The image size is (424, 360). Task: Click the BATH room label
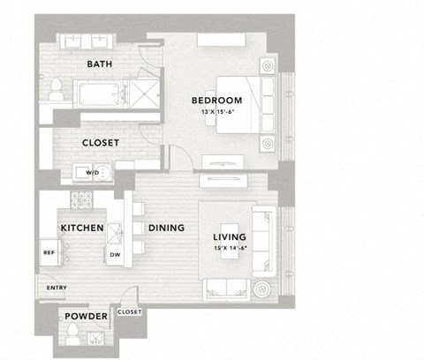click(99, 64)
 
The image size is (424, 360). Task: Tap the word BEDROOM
click(216, 101)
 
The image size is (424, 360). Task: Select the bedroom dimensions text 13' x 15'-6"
click(216, 111)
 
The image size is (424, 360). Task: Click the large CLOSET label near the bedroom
click(101, 142)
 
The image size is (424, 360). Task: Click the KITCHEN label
click(82, 228)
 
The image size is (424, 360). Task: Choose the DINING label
click(166, 228)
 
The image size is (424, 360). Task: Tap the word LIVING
click(230, 237)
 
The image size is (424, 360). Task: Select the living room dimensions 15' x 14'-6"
click(230, 249)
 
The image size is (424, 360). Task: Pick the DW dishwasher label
click(114, 256)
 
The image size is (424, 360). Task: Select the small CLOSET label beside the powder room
click(129, 311)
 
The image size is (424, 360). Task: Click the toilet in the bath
click(56, 87)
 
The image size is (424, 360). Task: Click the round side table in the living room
click(261, 289)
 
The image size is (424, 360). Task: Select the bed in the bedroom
click(257, 103)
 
